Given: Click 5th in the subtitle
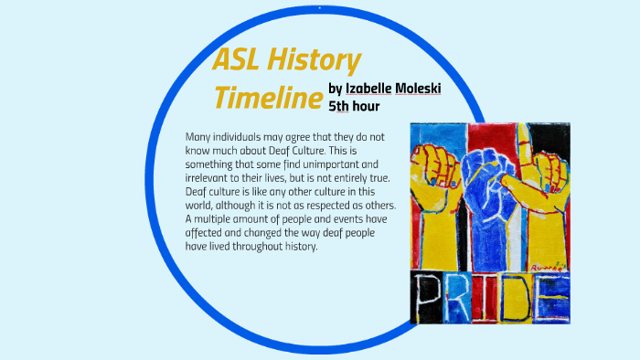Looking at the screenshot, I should (x=337, y=106).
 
